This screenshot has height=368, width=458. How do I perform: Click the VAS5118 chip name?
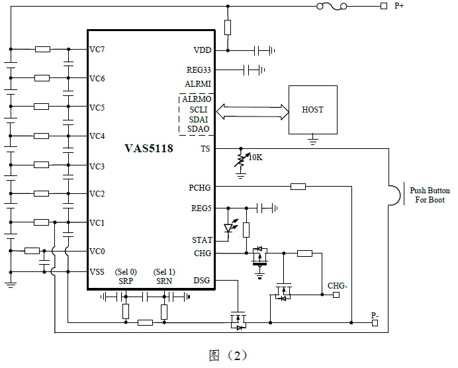[149, 148]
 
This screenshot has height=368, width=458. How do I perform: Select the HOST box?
[312, 109]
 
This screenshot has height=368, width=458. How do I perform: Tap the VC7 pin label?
[97, 50]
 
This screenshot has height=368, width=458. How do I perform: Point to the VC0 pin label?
[97, 251]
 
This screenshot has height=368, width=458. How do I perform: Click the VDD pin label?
[203, 50]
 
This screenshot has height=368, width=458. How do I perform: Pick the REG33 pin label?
[199, 69]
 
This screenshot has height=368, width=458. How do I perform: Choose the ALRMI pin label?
[199, 84]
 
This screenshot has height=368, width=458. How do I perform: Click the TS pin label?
[205, 149]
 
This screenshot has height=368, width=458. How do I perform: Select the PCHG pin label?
[200, 187]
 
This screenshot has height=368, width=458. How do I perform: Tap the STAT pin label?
[202, 240]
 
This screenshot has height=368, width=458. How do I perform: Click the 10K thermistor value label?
[256, 158]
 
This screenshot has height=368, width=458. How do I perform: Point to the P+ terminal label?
[400, 6]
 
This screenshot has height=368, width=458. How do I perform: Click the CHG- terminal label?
[338, 286]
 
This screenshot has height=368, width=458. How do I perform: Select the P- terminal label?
[375, 316]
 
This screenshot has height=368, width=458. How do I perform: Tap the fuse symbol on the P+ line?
[330, 7]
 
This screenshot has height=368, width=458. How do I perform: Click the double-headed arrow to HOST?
[251, 109]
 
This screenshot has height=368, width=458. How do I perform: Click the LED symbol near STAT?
[230, 229]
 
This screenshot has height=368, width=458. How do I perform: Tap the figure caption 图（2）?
[228, 355]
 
